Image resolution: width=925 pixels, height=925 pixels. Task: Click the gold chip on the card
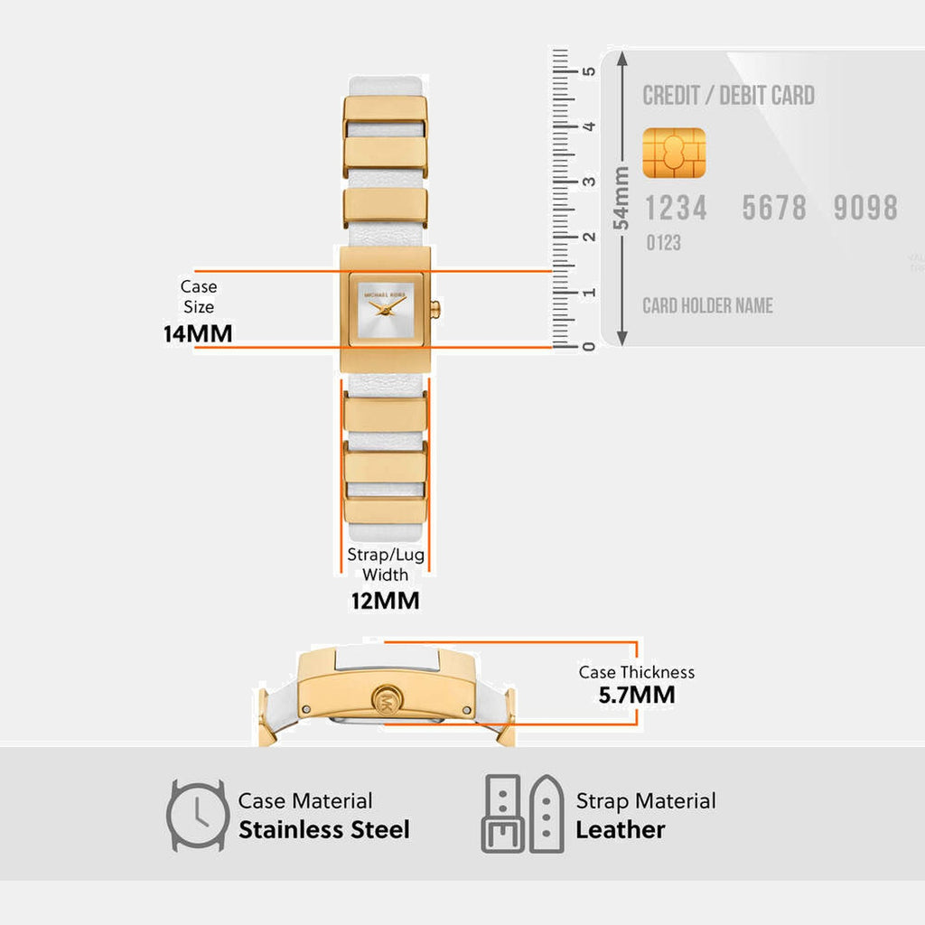pos(674,153)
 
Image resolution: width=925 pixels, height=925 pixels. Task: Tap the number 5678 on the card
pos(774,208)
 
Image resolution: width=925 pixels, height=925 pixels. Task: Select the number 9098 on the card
pos(865,208)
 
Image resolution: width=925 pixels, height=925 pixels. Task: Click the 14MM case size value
pos(198,333)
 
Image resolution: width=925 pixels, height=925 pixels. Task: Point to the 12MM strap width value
pos(386,600)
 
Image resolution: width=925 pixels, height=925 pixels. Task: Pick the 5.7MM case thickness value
pos(637,695)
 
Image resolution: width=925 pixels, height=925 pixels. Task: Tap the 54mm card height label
pos(621,197)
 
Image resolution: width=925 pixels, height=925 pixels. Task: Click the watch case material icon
pos(197,814)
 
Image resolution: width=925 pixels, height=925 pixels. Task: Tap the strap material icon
pos(523,814)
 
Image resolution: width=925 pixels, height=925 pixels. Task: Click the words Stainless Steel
pos(323,829)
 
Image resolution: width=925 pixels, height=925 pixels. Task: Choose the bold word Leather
pos(621,829)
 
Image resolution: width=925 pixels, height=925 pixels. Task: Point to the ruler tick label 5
pos(588,70)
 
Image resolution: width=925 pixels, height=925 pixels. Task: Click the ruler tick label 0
pos(588,346)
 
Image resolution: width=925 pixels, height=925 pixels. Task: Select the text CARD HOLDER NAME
pos(707,305)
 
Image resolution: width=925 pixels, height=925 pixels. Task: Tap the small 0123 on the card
pos(663,243)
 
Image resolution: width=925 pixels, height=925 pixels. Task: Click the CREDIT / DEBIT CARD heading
pos(728,95)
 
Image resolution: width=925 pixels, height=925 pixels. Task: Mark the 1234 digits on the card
pos(676,208)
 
